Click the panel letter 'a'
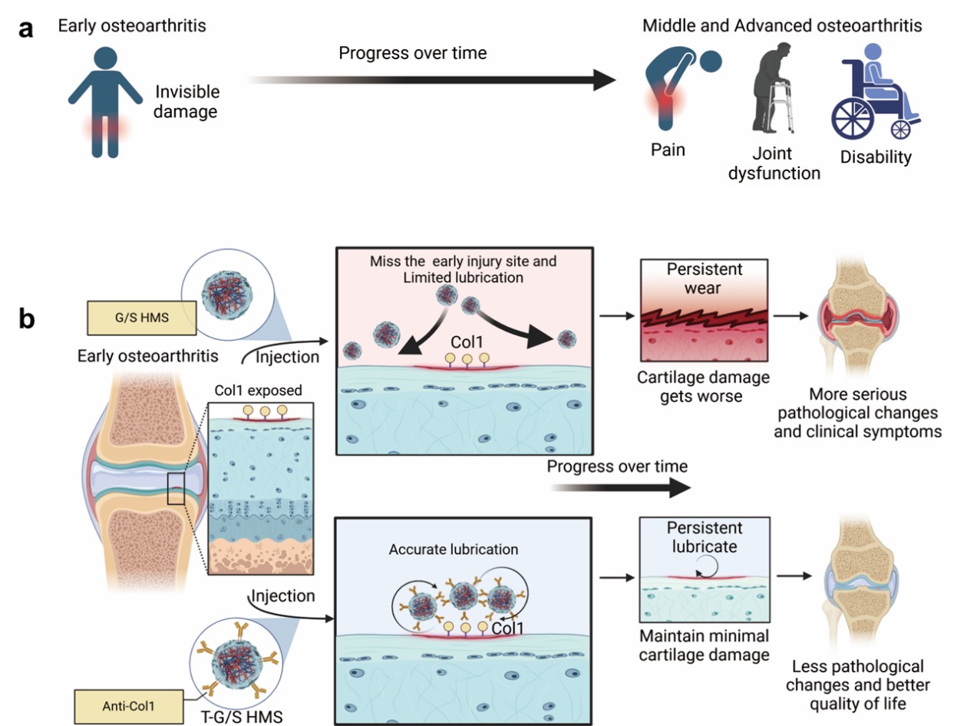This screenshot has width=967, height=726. click(x=27, y=31)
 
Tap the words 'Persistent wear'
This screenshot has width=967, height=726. click(x=705, y=279)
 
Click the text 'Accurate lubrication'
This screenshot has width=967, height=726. click(x=453, y=549)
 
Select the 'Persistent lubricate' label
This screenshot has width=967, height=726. click(x=705, y=538)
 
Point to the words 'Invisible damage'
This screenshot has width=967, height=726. click(x=187, y=102)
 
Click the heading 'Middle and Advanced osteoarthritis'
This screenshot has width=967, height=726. click(x=782, y=26)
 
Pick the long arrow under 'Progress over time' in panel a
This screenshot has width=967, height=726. click(x=430, y=79)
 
